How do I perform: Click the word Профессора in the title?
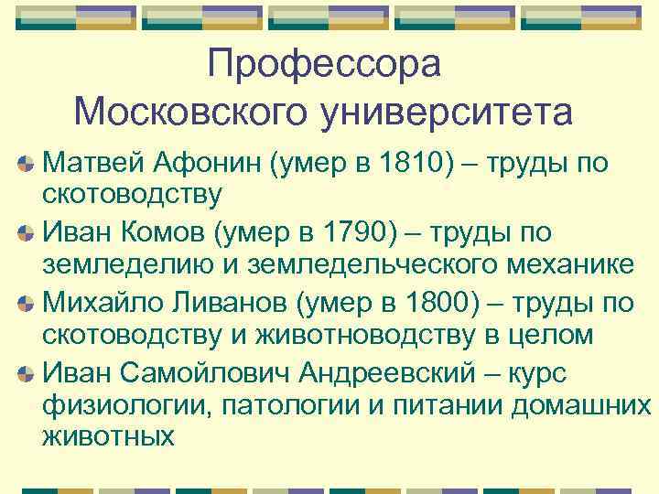point(325,64)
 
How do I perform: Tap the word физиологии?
point(125,404)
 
